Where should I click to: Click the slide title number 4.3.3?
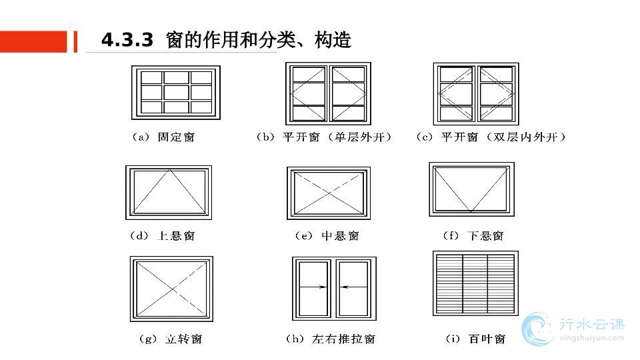[127, 41]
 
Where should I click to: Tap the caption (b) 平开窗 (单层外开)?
[324, 137]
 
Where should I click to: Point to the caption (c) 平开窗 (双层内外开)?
[491, 137]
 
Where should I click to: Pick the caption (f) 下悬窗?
[473, 236]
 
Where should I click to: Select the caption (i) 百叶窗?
[475, 339]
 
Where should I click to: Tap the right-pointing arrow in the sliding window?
[322, 287]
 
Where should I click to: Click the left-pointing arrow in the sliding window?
[344, 287]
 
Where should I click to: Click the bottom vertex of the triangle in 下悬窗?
[471, 212]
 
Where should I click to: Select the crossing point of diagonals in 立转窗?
[171, 288]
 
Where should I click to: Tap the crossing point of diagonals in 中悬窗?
[329, 193]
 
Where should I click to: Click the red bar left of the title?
[33, 41]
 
